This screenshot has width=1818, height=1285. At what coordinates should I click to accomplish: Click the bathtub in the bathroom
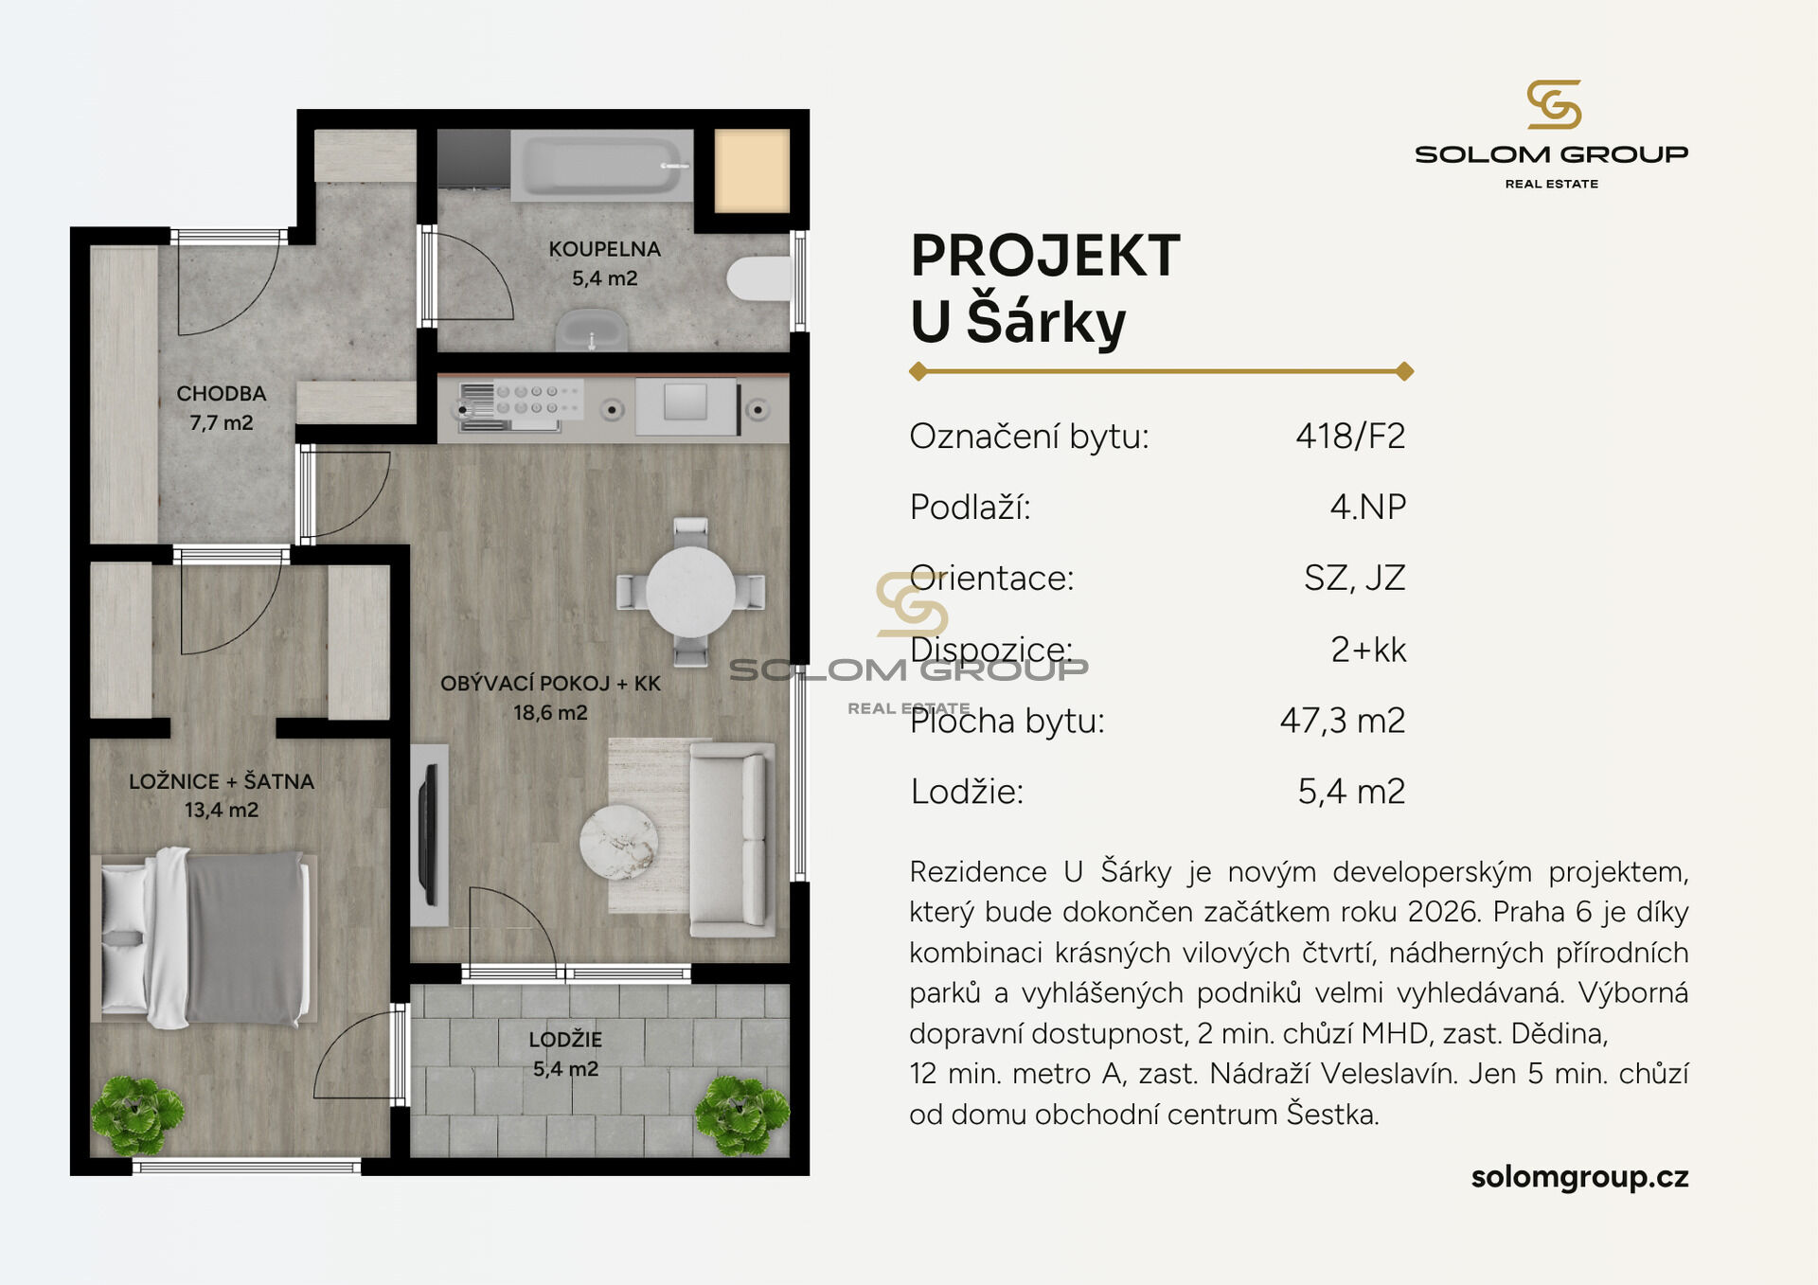[602, 166]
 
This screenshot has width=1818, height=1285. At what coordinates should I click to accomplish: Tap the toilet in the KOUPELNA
[758, 278]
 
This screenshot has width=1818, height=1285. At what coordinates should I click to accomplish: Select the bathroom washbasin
[592, 330]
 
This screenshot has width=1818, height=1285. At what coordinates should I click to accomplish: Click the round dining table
[690, 592]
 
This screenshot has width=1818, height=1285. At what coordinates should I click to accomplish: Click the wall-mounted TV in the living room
[428, 834]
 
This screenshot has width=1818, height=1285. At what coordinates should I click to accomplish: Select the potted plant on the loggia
[741, 1115]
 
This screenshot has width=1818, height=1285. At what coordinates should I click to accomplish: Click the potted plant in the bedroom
[138, 1115]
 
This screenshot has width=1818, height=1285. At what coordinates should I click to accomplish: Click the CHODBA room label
[222, 394]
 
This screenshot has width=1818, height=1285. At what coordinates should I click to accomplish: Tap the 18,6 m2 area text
[550, 712]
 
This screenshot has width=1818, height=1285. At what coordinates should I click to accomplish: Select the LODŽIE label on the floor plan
[565, 1039]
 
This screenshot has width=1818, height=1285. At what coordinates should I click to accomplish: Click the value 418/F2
[1350, 437]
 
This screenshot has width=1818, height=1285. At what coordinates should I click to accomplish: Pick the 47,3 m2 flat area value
[1343, 721]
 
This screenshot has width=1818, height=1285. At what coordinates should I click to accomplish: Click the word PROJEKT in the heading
[1045, 256]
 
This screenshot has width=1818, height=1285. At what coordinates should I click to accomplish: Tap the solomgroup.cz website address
[1579, 1177]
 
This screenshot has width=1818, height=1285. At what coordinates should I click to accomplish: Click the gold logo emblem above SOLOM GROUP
[1553, 104]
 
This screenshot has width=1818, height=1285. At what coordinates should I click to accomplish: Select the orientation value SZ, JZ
[1355, 578]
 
